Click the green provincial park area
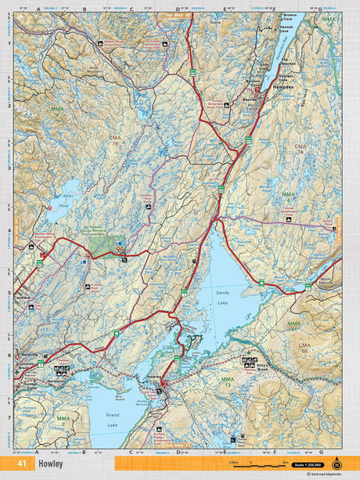(102, 245)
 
